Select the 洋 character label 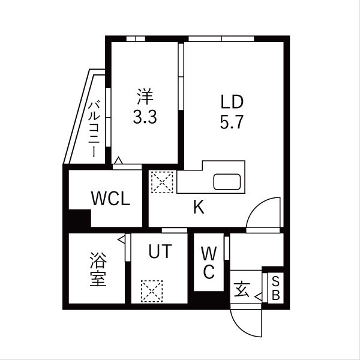145,95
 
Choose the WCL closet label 110,199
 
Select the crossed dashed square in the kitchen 162,182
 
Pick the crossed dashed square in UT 151,292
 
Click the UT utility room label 160,251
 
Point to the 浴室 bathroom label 98,270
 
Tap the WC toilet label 208,262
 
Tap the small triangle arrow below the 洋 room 119,160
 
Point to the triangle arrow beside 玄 257,296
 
